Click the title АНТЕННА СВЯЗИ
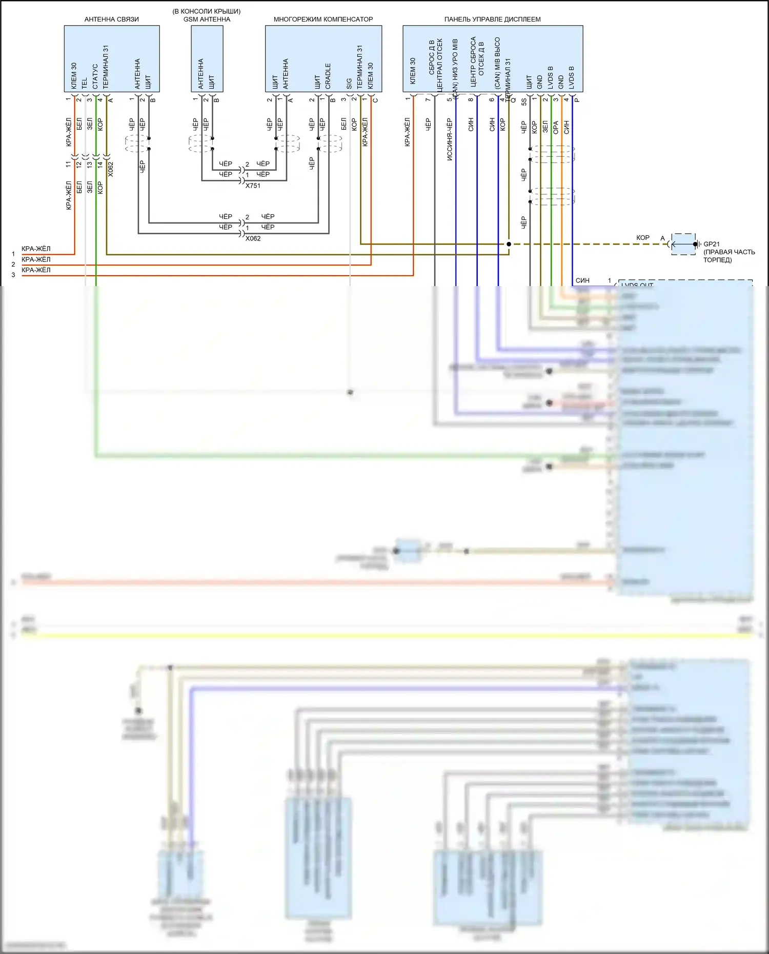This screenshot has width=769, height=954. click(x=111, y=19)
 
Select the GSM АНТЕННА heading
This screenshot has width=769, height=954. click(x=207, y=19)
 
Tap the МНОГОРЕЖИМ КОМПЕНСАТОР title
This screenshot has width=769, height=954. click(x=323, y=19)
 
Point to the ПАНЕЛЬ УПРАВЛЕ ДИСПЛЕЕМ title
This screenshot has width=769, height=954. click(x=492, y=19)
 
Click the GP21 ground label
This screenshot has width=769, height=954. click(x=712, y=245)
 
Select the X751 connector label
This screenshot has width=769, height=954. click(x=253, y=186)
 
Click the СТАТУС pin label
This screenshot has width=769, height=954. click(x=95, y=76)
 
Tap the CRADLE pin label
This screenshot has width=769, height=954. click(x=328, y=76)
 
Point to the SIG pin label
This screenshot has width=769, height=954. click(x=349, y=84)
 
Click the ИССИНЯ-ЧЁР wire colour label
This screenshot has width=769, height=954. click(x=450, y=139)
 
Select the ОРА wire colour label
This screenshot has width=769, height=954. click(x=556, y=128)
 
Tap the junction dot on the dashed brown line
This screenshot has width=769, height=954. click(x=509, y=244)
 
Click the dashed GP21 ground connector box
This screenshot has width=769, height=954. click(x=683, y=244)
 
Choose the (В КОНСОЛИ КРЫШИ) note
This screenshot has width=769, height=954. click(x=207, y=11)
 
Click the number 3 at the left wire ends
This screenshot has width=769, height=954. click(x=13, y=275)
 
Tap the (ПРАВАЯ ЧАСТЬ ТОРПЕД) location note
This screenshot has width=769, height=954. click(x=728, y=256)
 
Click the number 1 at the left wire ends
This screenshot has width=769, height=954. click(x=13, y=254)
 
